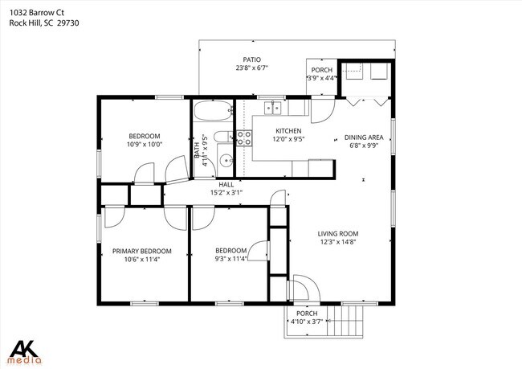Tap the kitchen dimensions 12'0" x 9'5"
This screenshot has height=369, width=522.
pyautogui.click(x=288, y=139)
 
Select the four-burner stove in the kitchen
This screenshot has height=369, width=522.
pyautogui.click(x=243, y=138)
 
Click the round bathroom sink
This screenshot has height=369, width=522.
pyautogui.click(x=225, y=159)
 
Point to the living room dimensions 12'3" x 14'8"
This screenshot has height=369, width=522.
pyautogui.click(x=337, y=242)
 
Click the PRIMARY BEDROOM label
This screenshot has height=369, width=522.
pyautogui.click(x=142, y=251)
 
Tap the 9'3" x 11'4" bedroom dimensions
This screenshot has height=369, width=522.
pyautogui.click(x=230, y=259)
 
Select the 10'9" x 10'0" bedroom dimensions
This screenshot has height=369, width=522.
pyautogui.click(x=145, y=145)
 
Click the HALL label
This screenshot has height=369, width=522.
pyautogui.click(x=226, y=184)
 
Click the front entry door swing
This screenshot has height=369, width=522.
pyautogui.click(x=304, y=288)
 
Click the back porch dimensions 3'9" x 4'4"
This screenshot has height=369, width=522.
pyautogui.click(x=322, y=78)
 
